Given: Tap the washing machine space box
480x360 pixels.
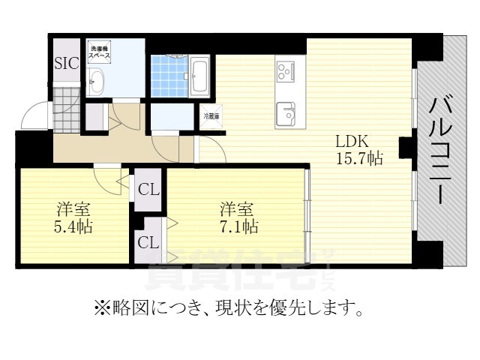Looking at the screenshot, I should (98, 51).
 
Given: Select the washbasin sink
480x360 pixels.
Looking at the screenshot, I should (97, 81).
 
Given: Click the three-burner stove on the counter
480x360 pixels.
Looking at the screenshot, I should (286, 72).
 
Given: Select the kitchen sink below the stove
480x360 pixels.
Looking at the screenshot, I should (286, 115).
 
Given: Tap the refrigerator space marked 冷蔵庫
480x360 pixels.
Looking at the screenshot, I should (211, 116).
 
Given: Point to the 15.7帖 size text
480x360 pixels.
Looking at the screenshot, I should (359, 159).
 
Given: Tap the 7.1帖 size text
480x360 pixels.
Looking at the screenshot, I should (238, 226).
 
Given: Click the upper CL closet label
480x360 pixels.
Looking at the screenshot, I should (148, 190).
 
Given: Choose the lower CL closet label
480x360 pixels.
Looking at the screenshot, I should (148, 242).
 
